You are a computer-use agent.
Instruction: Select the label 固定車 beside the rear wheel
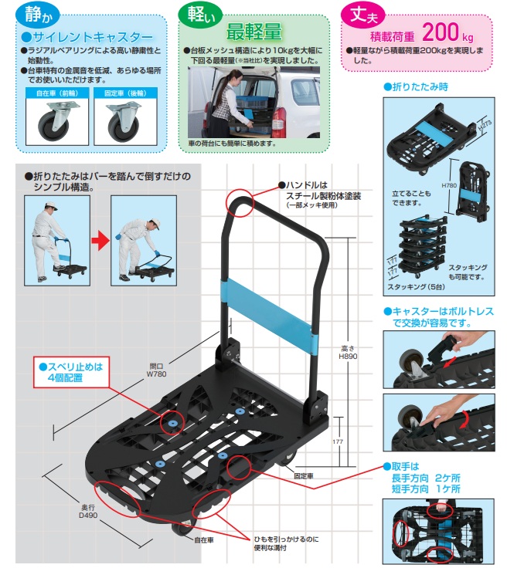click(305, 476)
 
